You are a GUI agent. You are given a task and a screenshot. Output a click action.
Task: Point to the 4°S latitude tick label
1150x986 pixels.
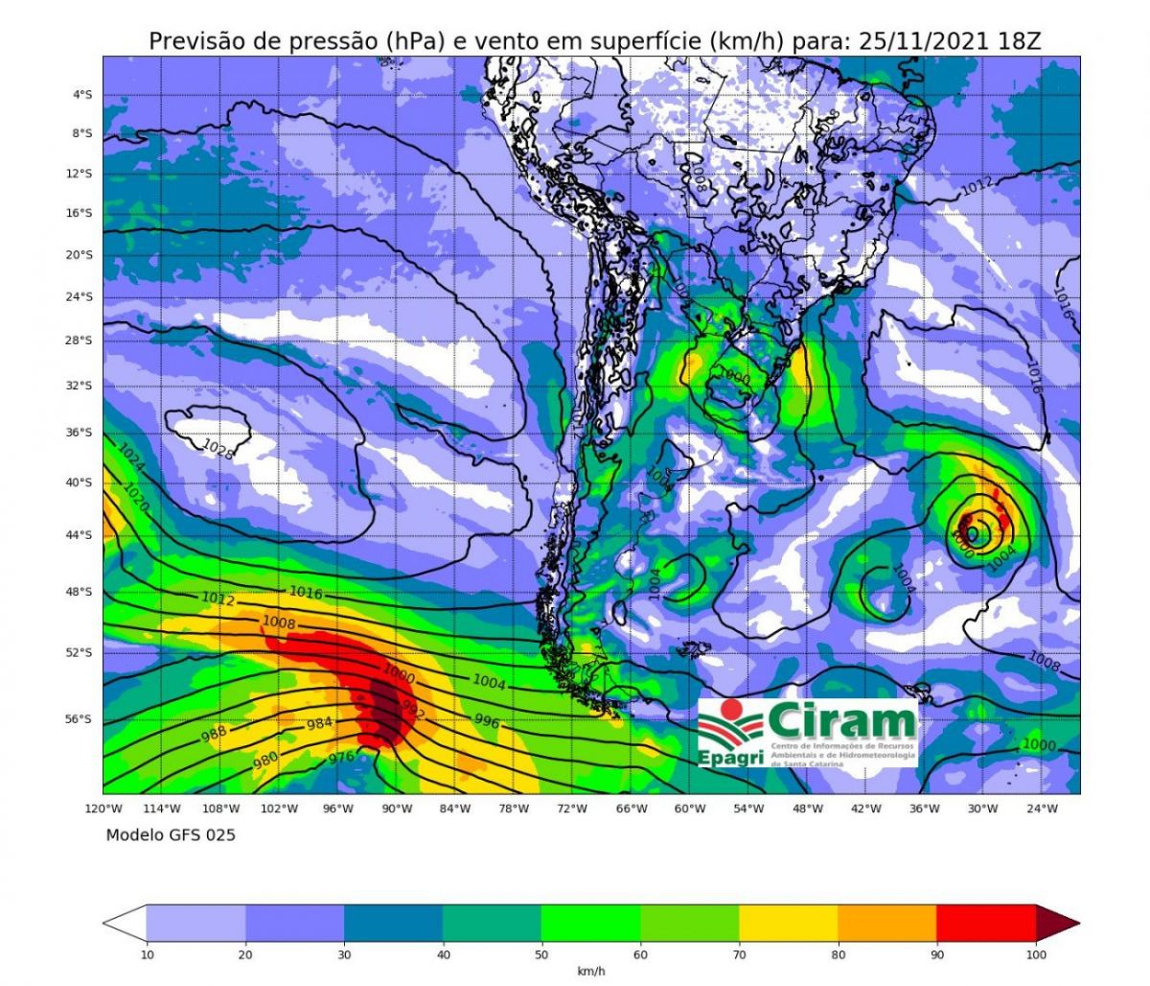point(82,95)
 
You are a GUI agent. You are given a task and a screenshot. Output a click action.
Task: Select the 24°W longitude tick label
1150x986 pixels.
point(1042,809)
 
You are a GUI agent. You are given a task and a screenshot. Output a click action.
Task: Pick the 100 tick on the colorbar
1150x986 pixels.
point(1036,954)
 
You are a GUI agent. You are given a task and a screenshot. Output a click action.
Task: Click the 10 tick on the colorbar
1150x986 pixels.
point(147,954)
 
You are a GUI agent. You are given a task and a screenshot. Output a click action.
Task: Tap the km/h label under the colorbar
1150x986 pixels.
point(590,972)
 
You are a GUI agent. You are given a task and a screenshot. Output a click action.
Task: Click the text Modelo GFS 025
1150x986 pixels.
point(171,834)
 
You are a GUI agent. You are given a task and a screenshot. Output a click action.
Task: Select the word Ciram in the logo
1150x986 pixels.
point(841,719)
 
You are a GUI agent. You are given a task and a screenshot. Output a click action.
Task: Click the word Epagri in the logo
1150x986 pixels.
point(730,758)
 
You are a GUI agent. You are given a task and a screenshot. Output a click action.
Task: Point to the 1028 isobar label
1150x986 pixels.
point(218,448)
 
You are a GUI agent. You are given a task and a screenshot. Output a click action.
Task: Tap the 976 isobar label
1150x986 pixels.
point(341,758)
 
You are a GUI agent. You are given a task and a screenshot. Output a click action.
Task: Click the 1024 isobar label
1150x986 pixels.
point(131,458)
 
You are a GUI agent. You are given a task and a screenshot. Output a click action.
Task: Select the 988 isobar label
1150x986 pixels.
point(215,734)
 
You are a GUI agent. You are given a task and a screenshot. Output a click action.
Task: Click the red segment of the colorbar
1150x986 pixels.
point(985,924)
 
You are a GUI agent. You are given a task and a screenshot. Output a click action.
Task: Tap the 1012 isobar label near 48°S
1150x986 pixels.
point(218,599)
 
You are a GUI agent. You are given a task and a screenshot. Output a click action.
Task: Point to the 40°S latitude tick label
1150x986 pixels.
point(82,482)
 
